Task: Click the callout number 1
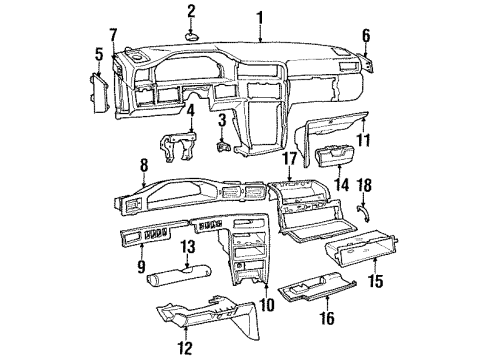[x=260, y=18]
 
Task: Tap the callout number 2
[x=191, y=12]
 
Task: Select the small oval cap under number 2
[x=192, y=36]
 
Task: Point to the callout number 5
[x=99, y=55]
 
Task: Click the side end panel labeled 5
[x=99, y=93]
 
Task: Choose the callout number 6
[x=366, y=36]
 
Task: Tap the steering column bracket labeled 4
[x=178, y=147]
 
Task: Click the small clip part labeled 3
[x=222, y=146]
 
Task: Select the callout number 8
[x=144, y=166]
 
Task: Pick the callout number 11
[x=363, y=140]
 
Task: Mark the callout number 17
[x=290, y=159]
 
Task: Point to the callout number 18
[x=364, y=185]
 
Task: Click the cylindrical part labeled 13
[x=179, y=275]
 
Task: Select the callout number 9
[x=141, y=266]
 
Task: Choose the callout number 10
[x=267, y=304]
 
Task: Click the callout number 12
[x=185, y=348]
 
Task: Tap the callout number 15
[x=376, y=281]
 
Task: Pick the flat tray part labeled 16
[x=317, y=285]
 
